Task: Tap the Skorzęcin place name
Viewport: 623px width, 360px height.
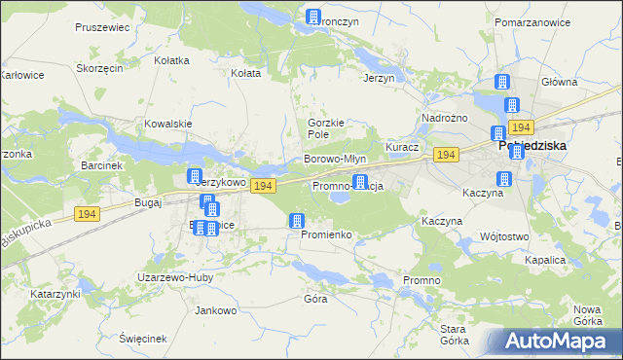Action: pyautogui.click(x=98, y=69)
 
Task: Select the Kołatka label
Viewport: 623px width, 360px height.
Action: pyautogui.click(x=171, y=59)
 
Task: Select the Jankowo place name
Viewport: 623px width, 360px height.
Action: pyautogui.click(x=216, y=311)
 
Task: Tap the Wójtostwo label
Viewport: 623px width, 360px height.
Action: pyautogui.click(x=504, y=236)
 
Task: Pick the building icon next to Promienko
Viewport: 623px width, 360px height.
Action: pyautogui.click(x=296, y=222)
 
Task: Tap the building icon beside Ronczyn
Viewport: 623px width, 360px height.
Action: pyautogui.click(x=313, y=18)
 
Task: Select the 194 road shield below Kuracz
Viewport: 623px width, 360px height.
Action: pyautogui.click(x=447, y=156)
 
